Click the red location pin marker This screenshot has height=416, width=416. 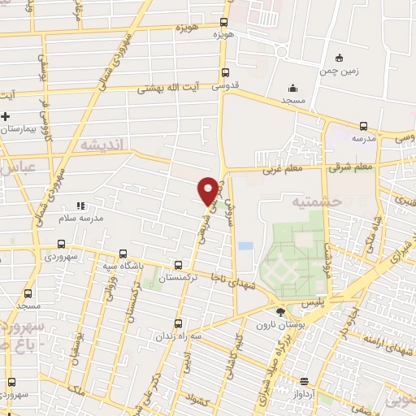[208, 191]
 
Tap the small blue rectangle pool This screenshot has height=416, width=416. [245, 245]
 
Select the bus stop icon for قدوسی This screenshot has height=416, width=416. [225, 71]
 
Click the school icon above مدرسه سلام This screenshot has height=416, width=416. [80, 207]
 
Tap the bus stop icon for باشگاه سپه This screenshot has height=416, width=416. [123, 253]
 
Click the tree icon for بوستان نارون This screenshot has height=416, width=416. [281, 311]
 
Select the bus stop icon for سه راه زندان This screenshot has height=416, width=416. [178, 323]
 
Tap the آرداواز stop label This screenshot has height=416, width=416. [304, 393]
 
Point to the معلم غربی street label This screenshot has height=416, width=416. [280, 171]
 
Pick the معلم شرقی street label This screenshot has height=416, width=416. [351, 167]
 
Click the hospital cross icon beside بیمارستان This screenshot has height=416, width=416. [6, 116]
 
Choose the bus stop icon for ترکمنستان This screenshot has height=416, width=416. [179, 266]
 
